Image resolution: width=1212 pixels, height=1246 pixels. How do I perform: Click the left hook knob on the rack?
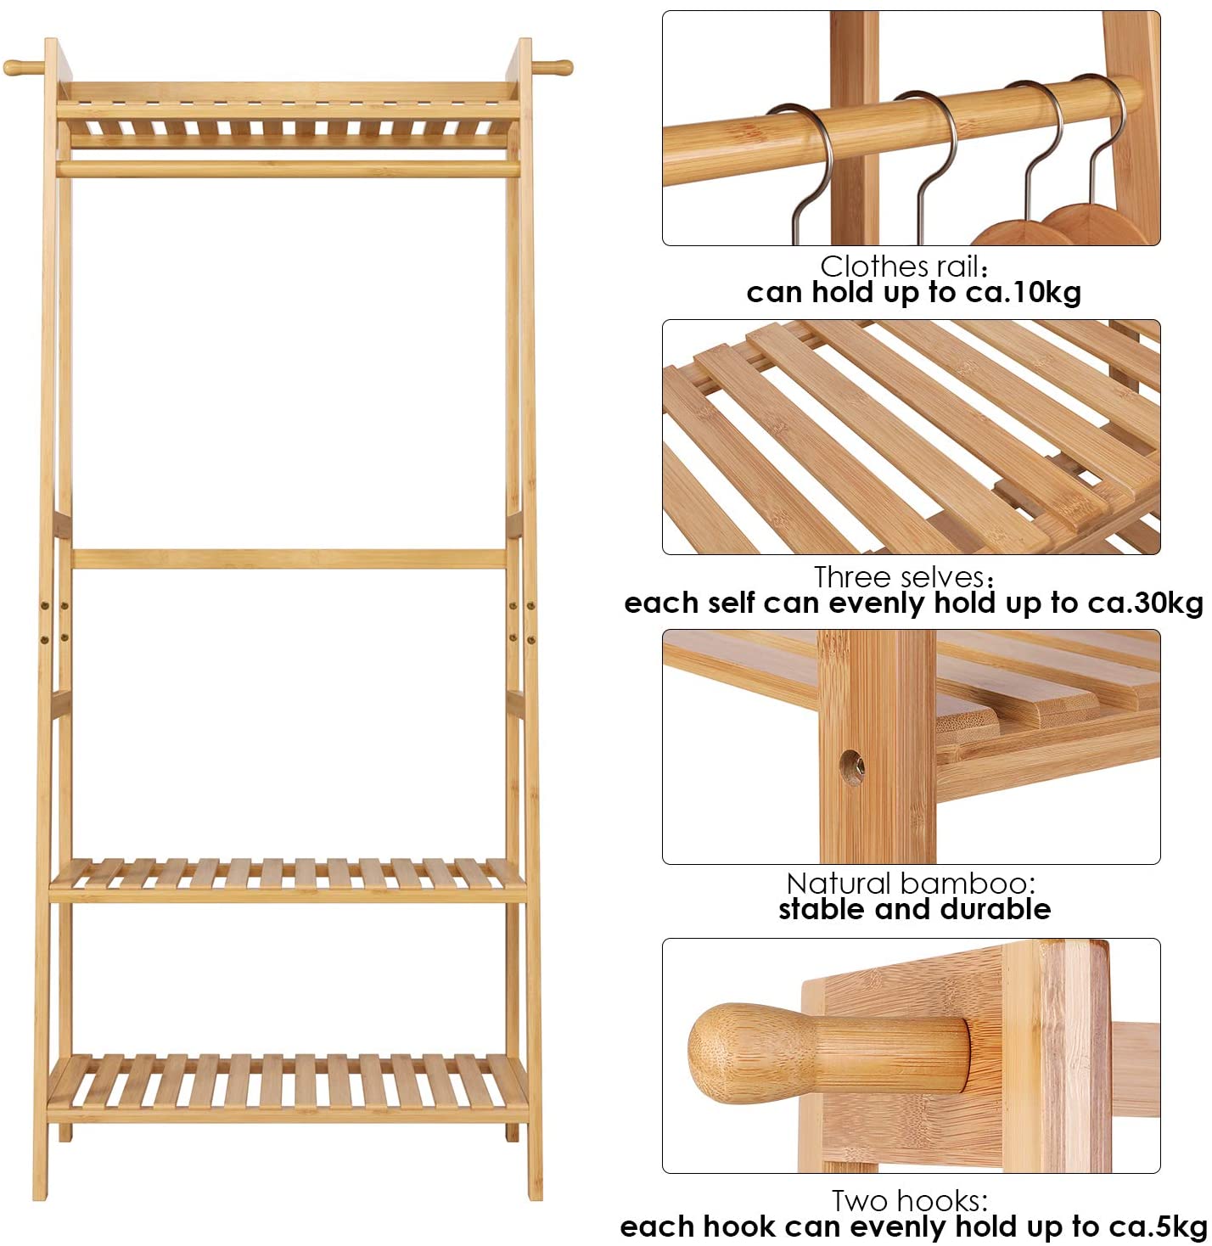pyautogui.click(x=23, y=67)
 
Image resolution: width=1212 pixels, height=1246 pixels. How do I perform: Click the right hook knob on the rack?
pyautogui.click(x=552, y=67)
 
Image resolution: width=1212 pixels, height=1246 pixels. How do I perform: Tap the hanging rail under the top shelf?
pyautogui.click(x=288, y=169)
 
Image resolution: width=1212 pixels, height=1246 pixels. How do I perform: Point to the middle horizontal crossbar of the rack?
pyautogui.click(x=289, y=558)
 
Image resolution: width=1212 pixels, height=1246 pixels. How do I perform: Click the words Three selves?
pyautogui.click(x=899, y=577)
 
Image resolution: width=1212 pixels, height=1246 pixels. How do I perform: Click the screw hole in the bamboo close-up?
pyautogui.click(x=852, y=765)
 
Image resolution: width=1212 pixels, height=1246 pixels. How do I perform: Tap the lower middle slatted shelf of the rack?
pyautogui.click(x=288, y=879)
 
